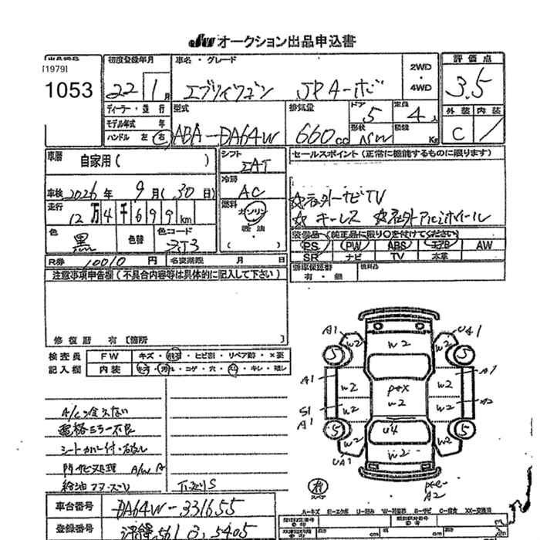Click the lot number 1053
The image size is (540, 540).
tap(68, 90)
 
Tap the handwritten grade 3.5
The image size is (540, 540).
tap(466, 86)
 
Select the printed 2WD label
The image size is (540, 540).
tap(420, 67)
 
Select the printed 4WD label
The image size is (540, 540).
tap(420, 88)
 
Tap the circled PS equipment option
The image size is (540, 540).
tap(311, 245)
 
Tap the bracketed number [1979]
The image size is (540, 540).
tap(56, 69)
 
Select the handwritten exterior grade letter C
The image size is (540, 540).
tap(458, 133)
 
